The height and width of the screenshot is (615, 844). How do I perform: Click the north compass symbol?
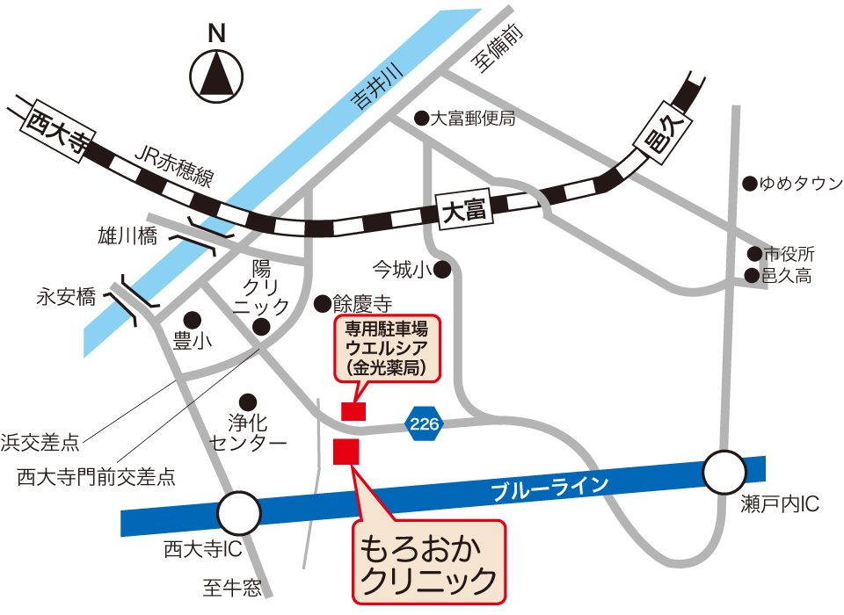(216, 74)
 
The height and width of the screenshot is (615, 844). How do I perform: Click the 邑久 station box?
(666, 132)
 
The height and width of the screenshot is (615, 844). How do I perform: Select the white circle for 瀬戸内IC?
(727, 473)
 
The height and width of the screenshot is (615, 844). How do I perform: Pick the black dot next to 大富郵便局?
(421, 117)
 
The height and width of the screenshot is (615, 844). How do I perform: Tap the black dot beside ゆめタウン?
(749, 184)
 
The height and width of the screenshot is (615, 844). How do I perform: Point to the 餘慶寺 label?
(361, 304)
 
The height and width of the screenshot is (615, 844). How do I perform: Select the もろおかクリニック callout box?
(430, 563)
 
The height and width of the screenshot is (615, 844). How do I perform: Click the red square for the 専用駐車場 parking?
(353, 410)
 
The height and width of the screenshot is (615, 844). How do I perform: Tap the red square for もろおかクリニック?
(346, 452)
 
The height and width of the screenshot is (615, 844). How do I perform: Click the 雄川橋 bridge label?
(127, 235)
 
